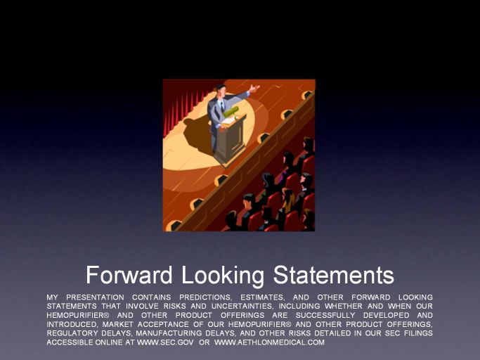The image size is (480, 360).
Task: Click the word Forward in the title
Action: pos(129,275)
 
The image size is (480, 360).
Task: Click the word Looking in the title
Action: pos(223,276)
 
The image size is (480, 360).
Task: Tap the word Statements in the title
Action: pos(333,275)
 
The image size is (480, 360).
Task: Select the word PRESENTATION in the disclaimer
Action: pos(95,297)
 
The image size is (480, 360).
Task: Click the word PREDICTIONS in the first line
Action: pos(206,297)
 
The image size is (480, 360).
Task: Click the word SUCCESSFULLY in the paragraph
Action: pos(325,315)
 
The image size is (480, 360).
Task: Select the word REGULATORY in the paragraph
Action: pos(72,333)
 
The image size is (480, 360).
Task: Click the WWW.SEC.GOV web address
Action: pos(165,342)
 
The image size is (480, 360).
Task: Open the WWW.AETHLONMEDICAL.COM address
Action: pos(269,342)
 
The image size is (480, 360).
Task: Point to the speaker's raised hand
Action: pos(254,89)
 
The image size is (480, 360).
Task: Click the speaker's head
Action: pos(221,89)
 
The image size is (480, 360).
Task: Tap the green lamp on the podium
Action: pos(231,112)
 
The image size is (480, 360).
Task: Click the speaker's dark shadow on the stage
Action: pos(197,135)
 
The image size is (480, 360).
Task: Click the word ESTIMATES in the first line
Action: pos(263,297)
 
